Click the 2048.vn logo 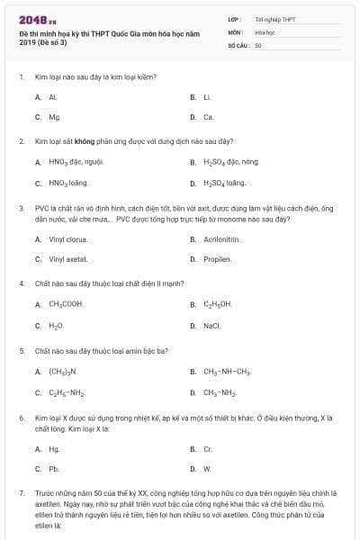[33, 18]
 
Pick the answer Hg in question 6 [54, 448]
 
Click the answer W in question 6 [207, 469]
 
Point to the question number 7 [21, 493]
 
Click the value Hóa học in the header [265, 31]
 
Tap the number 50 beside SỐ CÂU [258, 44]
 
